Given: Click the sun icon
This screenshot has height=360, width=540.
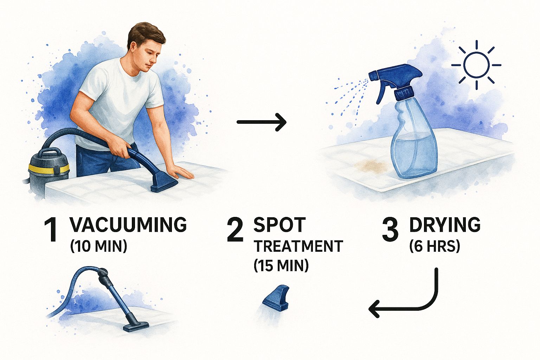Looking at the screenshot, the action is [476, 65].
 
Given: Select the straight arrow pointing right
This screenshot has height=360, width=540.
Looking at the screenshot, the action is [262, 122].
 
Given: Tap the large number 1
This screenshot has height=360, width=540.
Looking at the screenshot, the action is [51, 230].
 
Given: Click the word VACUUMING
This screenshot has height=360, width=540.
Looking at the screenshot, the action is [128, 225].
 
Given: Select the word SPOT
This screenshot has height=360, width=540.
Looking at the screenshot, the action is [279, 225].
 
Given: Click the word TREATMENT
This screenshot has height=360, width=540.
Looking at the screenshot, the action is [299, 246].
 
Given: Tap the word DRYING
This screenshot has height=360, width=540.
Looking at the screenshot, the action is [445, 225].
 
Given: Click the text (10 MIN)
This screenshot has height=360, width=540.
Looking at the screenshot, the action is [98, 247].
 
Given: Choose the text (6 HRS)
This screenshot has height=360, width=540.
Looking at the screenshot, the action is [435, 247].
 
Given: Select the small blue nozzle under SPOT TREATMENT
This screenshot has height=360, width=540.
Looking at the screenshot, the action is [276, 298].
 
